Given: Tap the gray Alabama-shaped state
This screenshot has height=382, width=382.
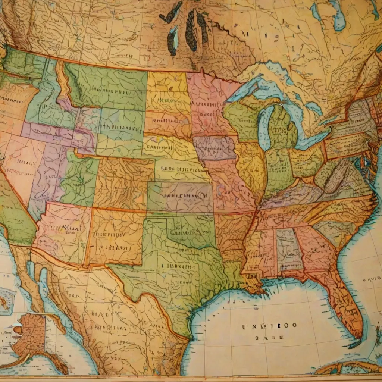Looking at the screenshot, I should pyautogui.click(x=287, y=246).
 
